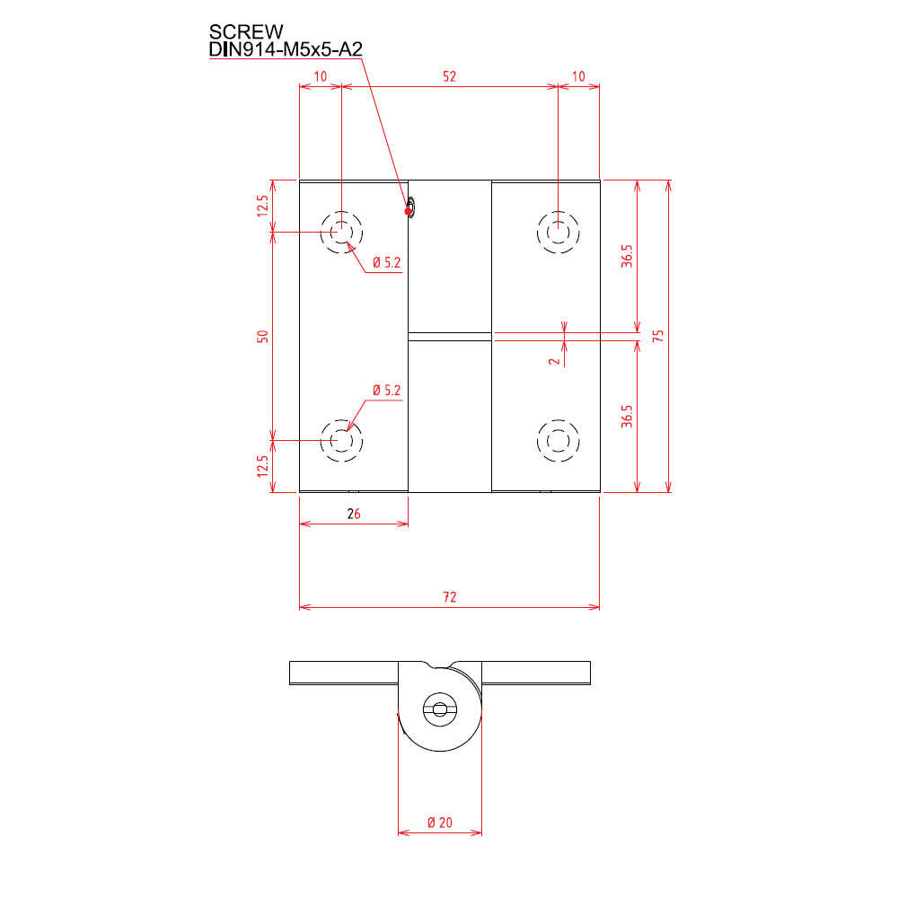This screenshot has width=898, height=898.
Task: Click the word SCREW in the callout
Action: pyautogui.click(x=246, y=31)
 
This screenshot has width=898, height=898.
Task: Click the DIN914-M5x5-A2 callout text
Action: pyautogui.click(x=286, y=49)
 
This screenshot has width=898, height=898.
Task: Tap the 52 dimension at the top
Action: pyautogui.click(x=450, y=76)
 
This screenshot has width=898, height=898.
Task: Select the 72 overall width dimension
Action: pyautogui.click(x=450, y=597)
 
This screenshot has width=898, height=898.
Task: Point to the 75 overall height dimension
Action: pyautogui.click(x=658, y=336)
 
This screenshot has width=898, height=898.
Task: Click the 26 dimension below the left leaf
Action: pyautogui.click(x=354, y=514)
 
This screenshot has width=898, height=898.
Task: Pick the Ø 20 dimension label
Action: pyautogui.click(x=440, y=823)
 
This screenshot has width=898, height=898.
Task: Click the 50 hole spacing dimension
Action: pyautogui.click(x=262, y=336)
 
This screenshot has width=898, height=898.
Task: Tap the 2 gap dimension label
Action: pyautogui.click(x=553, y=361)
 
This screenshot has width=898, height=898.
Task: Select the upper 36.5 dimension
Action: pyautogui.click(x=627, y=256)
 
